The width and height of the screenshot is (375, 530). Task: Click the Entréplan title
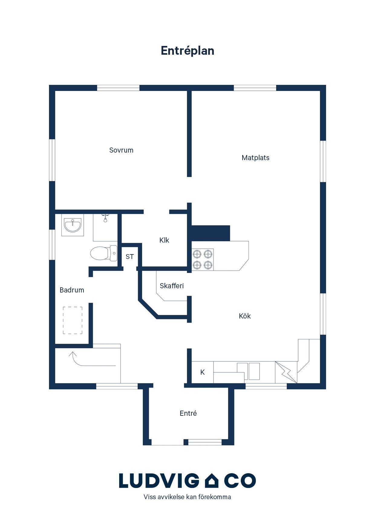click(x=187, y=51)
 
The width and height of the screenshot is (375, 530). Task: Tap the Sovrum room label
click(x=121, y=150)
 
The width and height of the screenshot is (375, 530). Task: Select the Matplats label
click(x=256, y=158)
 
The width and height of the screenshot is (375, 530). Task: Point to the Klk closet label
click(x=164, y=240)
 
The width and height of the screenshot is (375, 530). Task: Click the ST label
click(x=130, y=257)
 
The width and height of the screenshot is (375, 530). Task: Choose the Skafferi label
click(x=172, y=286)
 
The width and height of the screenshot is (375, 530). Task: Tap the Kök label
click(x=245, y=316)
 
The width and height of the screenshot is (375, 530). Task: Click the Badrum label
click(x=72, y=290)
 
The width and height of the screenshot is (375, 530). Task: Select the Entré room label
click(x=188, y=413)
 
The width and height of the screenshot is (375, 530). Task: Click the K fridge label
click(x=203, y=372)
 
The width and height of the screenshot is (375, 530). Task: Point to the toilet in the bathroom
click(x=104, y=253)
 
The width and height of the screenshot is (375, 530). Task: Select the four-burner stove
click(x=203, y=259)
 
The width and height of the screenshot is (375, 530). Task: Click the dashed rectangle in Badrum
click(x=73, y=320)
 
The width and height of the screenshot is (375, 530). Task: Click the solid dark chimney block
click(x=211, y=233)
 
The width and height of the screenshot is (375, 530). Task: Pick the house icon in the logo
click(x=212, y=480)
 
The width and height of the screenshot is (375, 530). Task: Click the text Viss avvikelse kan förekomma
click(x=187, y=497)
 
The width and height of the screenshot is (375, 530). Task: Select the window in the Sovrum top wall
click(x=118, y=88)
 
